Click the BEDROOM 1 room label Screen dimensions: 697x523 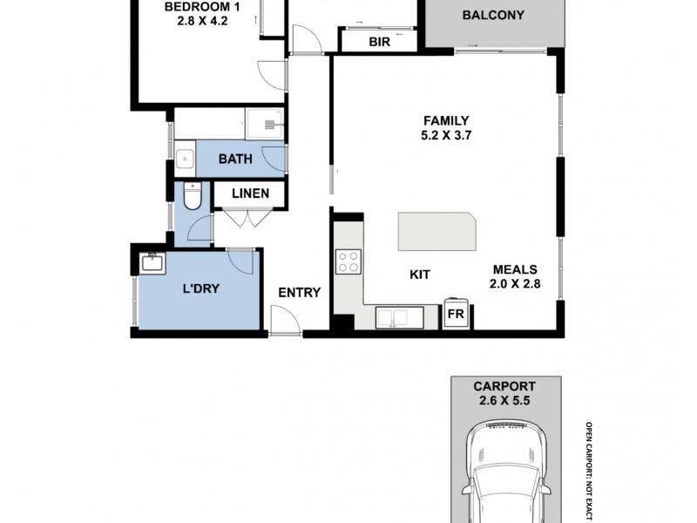(202, 7)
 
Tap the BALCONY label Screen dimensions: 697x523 (493, 15)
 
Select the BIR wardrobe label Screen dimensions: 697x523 (379, 42)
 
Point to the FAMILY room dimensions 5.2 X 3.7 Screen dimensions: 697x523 (446, 135)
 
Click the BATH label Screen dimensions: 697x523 (235, 159)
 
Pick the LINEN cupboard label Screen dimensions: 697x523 (250, 194)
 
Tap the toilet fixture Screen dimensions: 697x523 (193, 195)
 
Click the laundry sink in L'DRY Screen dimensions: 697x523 (153, 263)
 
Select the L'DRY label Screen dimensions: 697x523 (201, 289)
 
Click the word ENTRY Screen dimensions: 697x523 (299, 293)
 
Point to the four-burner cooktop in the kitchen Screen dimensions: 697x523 (348, 261)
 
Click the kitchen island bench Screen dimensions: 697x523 (437, 231)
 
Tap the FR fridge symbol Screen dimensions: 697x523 (456, 313)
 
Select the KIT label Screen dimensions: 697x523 (420, 275)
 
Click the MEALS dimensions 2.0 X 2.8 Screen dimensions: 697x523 (515, 284)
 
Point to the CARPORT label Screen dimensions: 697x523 (504, 386)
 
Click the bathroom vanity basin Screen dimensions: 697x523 (185, 159)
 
